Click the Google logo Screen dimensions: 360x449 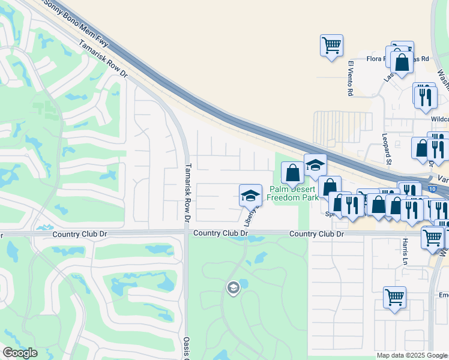tap(20, 353)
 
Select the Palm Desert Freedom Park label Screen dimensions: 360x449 tap(293, 193)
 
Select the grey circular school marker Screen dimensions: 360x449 tap(232, 289)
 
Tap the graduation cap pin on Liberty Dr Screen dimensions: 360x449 tap(250, 194)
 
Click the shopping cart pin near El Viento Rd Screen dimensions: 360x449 tap(331, 44)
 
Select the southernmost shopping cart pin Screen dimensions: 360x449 tap(394, 297)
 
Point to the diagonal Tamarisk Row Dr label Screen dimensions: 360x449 tap(103, 58)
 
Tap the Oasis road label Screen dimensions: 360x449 tap(187, 347)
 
